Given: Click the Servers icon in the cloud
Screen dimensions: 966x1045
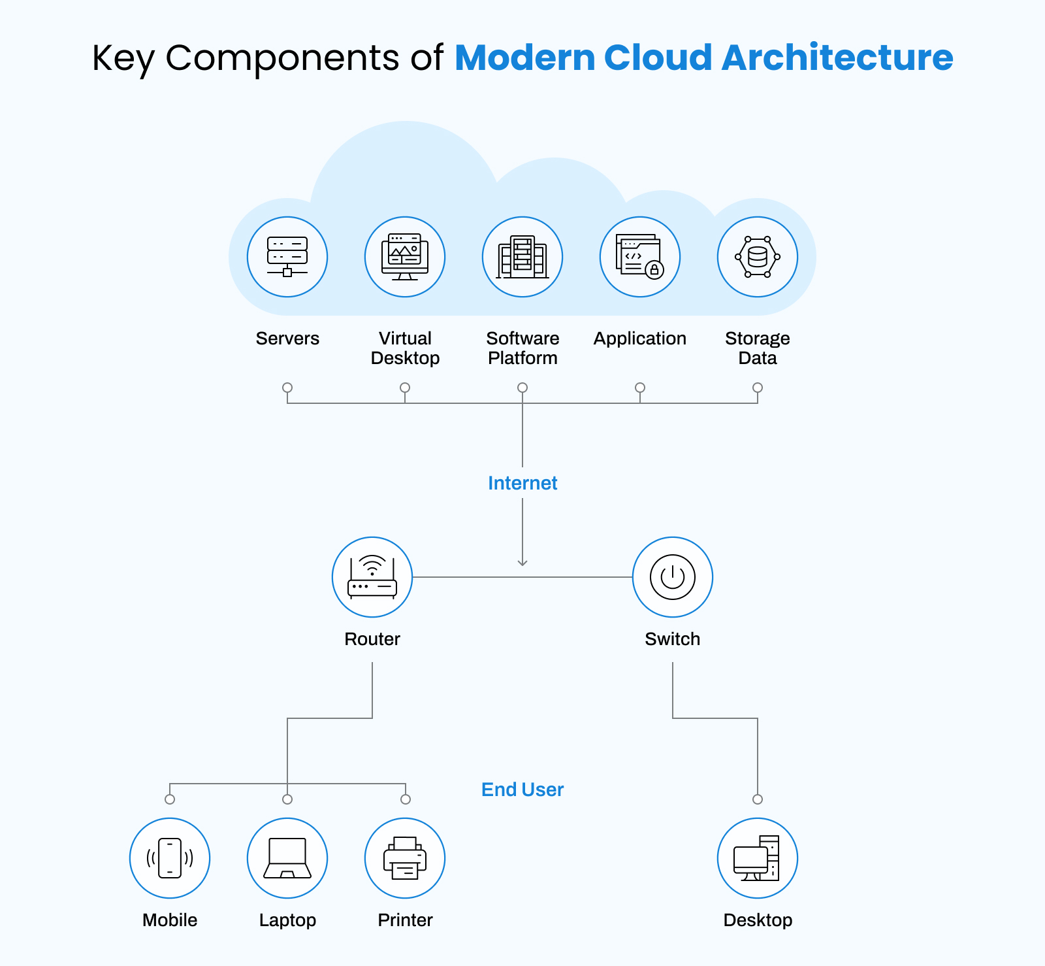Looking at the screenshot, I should click(x=287, y=257).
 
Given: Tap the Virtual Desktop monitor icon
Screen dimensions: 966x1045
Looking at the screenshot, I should click(x=405, y=257).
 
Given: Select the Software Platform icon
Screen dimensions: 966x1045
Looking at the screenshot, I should click(x=522, y=257).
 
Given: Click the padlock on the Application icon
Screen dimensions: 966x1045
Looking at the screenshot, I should click(x=654, y=269).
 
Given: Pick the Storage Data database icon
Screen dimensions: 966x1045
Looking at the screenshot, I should click(x=758, y=257).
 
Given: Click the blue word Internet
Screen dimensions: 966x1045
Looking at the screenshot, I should click(x=522, y=483).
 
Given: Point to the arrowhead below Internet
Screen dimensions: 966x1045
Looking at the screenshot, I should click(x=522, y=562).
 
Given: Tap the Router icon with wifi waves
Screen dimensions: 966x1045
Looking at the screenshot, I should click(x=372, y=577).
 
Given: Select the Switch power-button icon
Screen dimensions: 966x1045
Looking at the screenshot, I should click(x=673, y=577).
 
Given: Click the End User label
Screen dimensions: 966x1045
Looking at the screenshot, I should click(x=522, y=790).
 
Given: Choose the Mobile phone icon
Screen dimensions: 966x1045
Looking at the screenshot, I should click(x=170, y=858).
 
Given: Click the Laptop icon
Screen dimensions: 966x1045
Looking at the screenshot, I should click(x=287, y=858).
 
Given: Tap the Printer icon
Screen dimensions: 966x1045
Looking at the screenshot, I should click(x=405, y=858).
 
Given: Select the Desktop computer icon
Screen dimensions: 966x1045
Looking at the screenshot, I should click(x=758, y=858).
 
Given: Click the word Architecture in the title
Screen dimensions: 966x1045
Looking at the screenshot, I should click(x=837, y=58).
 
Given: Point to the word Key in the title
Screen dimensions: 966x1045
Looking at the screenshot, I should click(x=123, y=58).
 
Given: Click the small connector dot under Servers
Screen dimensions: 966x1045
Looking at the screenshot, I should click(x=287, y=388).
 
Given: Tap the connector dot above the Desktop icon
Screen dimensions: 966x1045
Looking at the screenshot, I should click(x=758, y=799).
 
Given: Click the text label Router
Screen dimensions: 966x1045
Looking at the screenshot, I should click(x=372, y=639).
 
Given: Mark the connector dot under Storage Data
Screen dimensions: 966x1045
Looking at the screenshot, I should click(x=758, y=388).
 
